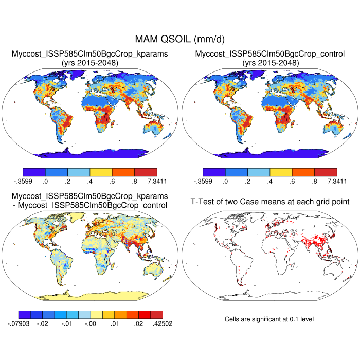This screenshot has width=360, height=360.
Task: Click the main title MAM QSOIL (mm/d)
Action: coord(179,39)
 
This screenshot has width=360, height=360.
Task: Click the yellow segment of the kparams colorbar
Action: coord(101,172)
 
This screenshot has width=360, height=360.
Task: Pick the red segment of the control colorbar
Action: coord(326,172)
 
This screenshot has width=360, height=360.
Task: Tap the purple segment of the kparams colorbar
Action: coord(34,172)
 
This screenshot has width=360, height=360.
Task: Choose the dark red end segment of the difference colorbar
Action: coord(157,314)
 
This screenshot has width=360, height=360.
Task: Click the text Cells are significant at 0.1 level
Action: coord(269,319)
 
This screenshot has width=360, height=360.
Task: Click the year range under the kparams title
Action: coord(90,63)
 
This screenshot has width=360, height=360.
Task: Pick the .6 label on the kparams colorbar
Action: coord(113,181)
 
